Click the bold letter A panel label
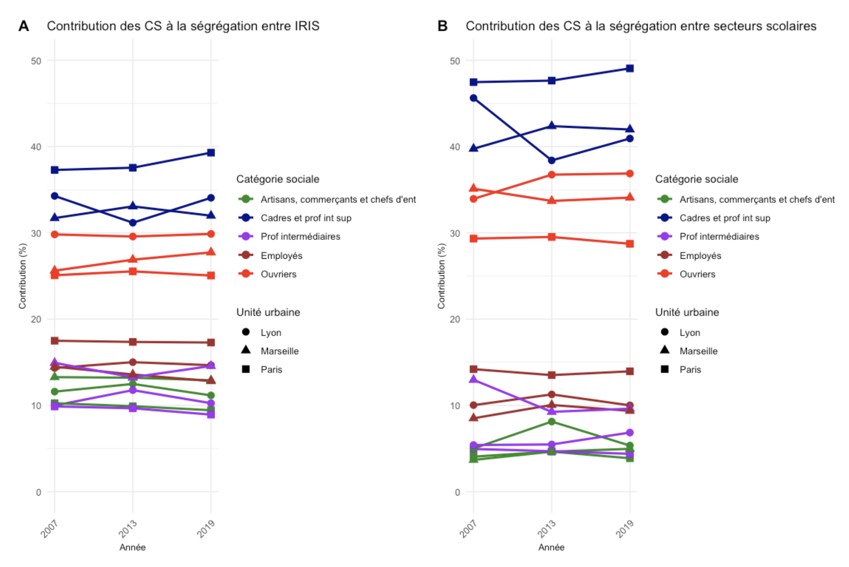[x=24, y=26]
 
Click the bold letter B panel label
[x=442, y=26]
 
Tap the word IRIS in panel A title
[x=307, y=26]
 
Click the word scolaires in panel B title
[x=791, y=26]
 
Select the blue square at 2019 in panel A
[x=211, y=153]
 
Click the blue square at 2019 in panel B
[x=630, y=68]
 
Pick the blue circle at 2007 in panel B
[x=474, y=98]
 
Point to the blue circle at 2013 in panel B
[x=551, y=160]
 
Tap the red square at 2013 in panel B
[x=551, y=237]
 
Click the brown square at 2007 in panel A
[x=55, y=341]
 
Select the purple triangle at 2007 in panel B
[x=474, y=379]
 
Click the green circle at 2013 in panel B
[x=551, y=421]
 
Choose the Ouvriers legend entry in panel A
[x=278, y=274]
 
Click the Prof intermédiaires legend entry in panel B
[x=719, y=236]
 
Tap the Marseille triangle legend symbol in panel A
[x=246, y=350]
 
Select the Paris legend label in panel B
[x=690, y=370]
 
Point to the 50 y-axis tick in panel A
[x=36, y=61]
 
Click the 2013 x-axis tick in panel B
[x=547, y=528]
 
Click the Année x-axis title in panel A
[x=133, y=547]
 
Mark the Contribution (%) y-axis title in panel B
[x=441, y=276]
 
